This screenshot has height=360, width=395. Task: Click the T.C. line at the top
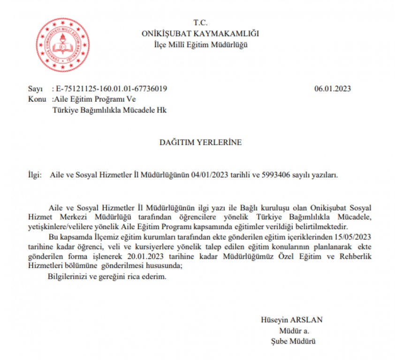[200, 22]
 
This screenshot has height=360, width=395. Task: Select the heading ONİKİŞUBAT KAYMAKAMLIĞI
[200, 33]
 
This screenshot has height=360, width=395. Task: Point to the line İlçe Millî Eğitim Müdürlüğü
[200, 45]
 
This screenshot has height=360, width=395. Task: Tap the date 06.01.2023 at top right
[333, 89]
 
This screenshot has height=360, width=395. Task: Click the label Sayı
[35, 89]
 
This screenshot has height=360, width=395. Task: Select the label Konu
[36, 99]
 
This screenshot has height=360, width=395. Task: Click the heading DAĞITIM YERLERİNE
[200, 142]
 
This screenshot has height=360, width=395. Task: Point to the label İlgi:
[35, 175]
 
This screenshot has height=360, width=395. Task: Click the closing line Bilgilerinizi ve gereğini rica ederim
[107, 277]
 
